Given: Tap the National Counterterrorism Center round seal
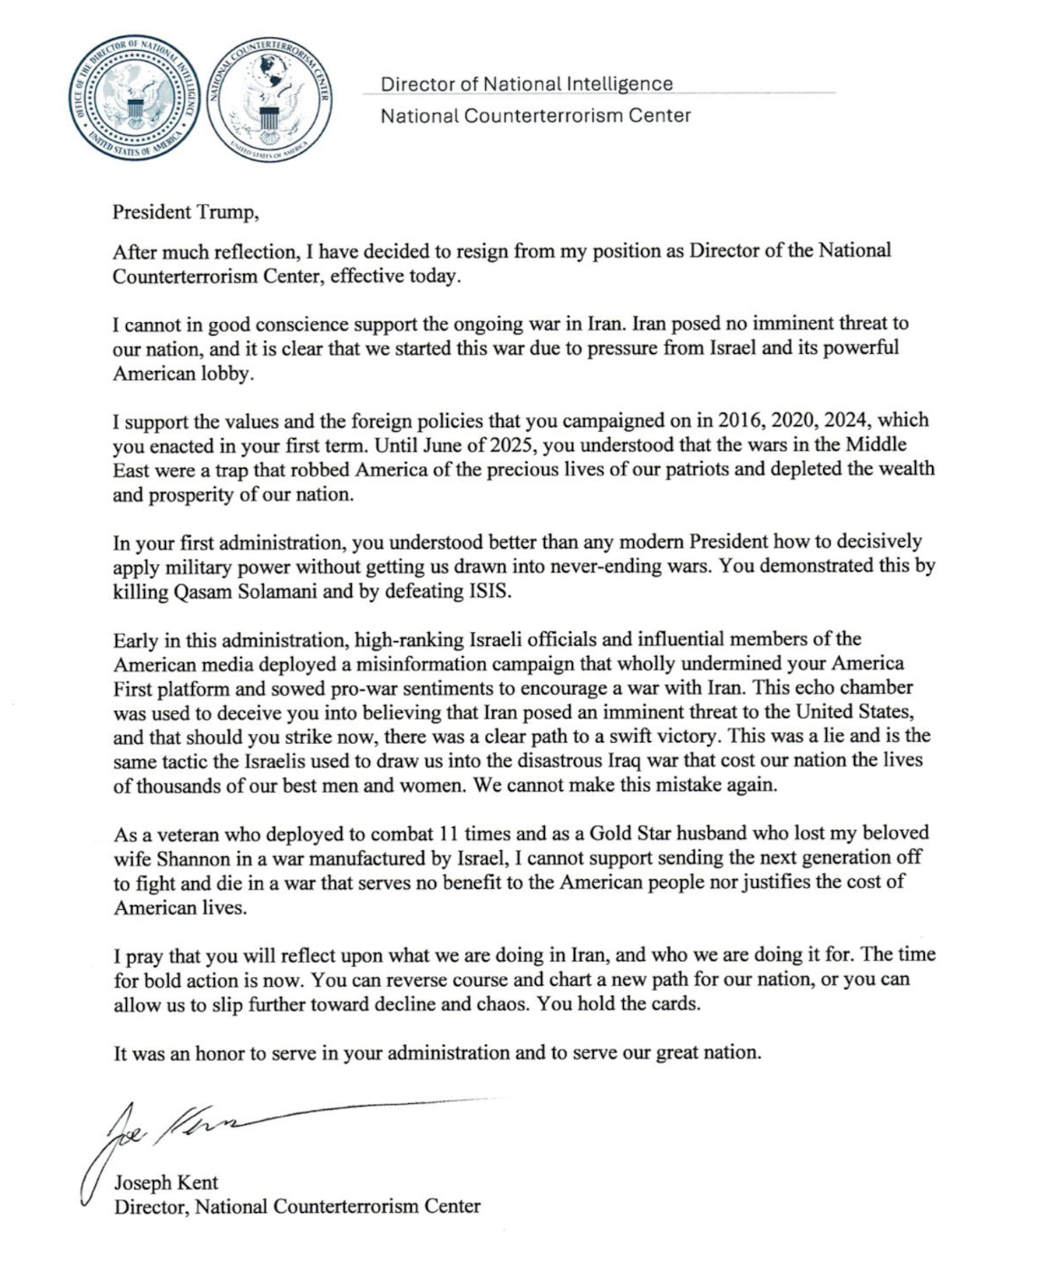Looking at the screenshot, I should (x=269, y=102).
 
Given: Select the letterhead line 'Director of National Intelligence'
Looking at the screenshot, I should (x=526, y=84).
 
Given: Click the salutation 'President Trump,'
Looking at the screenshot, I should (x=186, y=212).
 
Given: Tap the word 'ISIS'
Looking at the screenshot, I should (x=488, y=592).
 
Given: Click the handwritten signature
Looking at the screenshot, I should (x=181, y=1129).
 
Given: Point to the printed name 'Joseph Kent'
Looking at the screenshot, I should (x=166, y=1183).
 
